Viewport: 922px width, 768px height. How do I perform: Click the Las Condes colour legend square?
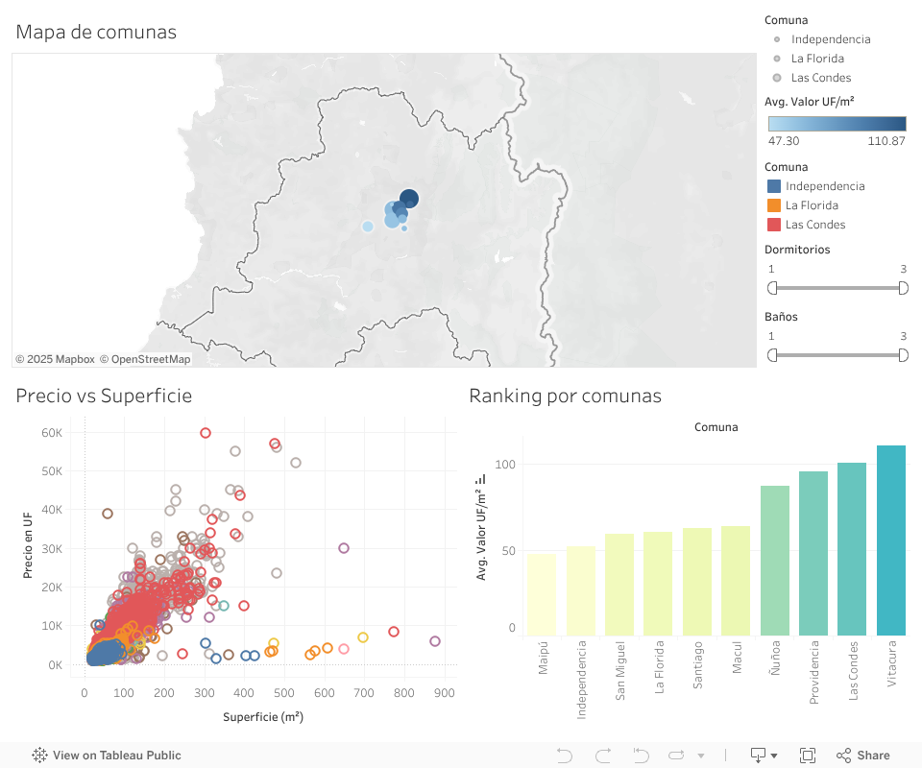[774, 225]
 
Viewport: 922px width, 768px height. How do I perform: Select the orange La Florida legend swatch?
[774, 205]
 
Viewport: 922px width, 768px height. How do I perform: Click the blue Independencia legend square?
[774, 186]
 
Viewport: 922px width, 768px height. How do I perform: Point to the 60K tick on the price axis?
[52, 433]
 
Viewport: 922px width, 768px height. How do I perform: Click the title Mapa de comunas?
[96, 32]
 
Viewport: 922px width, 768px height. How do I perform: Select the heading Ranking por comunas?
[565, 396]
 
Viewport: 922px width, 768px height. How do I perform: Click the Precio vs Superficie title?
[104, 396]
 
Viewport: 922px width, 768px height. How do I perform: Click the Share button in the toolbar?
[863, 756]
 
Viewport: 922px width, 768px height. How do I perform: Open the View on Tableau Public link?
[107, 756]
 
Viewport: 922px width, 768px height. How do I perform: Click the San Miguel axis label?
[619, 672]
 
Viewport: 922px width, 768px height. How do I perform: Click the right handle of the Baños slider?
[903, 355]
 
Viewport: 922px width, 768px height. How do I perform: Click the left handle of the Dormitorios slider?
[772, 288]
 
